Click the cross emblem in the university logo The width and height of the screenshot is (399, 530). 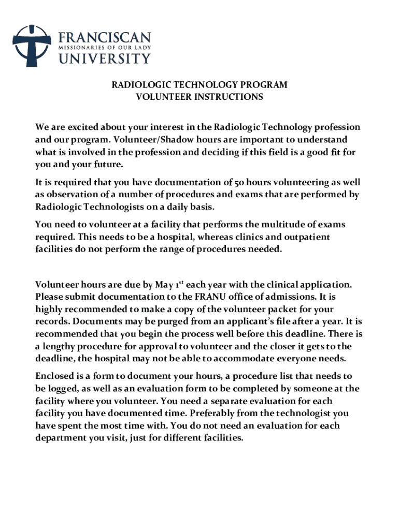click(x=32, y=46)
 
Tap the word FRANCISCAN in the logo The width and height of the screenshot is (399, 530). click(x=105, y=38)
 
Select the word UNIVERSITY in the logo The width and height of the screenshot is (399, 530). click(x=104, y=58)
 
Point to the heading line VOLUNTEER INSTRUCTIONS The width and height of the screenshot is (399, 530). click(x=199, y=97)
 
